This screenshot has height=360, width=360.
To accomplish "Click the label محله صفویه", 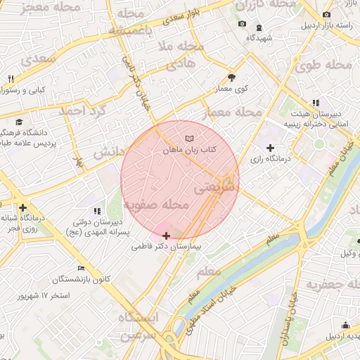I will point(156,205).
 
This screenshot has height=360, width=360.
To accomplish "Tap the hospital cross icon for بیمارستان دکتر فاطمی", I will point(166,236).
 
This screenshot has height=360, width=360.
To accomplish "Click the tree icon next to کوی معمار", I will point(232,77).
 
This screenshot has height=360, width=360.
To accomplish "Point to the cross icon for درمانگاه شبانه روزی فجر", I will point(23,207).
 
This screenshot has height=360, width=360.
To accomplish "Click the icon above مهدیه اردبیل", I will point(345,324).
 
